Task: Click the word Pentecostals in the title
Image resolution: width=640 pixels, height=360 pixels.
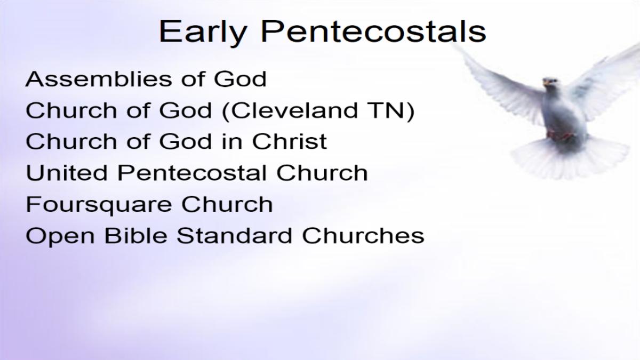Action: (x=373, y=31)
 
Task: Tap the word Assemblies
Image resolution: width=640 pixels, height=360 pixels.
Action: (x=99, y=79)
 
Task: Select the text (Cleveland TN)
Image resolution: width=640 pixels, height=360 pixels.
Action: (x=318, y=111)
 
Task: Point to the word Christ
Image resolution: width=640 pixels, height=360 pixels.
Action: (x=290, y=141)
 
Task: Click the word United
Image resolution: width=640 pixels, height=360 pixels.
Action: (x=67, y=173)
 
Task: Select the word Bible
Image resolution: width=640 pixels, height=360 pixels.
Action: (x=135, y=235)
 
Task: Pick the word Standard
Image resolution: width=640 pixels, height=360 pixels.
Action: (x=234, y=235)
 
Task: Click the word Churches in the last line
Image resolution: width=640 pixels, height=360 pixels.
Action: (x=363, y=235)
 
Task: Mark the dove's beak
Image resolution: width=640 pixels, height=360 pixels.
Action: (x=546, y=83)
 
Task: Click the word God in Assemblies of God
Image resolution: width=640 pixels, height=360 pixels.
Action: (x=241, y=79)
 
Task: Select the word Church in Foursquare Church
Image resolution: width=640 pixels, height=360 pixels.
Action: (x=227, y=204)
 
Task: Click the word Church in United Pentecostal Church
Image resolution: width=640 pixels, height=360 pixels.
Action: (x=322, y=173)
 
